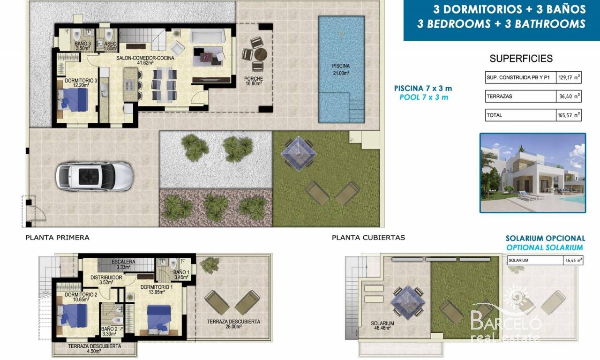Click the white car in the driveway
click(x=95, y=177)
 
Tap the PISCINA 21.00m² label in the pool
click(x=341, y=69)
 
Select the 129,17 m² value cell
click(x=569, y=78)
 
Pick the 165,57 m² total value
click(x=569, y=115)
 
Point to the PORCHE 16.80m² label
click(x=254, y=81)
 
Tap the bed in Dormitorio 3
click(x=73, y=100)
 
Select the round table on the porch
click(x=260, y=54)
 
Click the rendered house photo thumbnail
click(x=533, y=173)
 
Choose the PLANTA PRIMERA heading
click(x=57, y=238)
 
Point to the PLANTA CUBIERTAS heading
click(x=368, y=238)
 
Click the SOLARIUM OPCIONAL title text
click(x=545, y=238)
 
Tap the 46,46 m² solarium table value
click(x=573, y=260)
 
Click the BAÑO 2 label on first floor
click(x=109, y=331)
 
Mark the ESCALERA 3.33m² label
click(x=123, y=264)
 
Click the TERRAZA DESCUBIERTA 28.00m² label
click(x=233, y=324)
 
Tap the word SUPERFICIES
click(x=521, y=59)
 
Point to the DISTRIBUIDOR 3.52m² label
click(x=106, y=280)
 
